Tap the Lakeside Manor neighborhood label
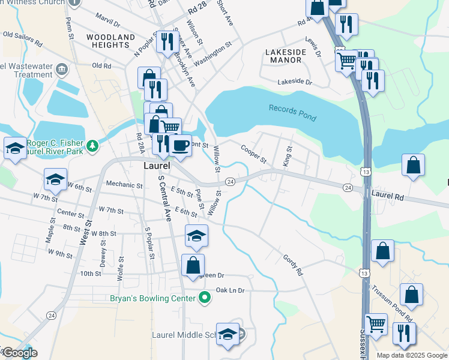pyautogui.click(x=286, y=56)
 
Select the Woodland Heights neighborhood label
pyautogui.click(x=110, y=41)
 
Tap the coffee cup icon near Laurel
pyautogui.click(x=179, y=145)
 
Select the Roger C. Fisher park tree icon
pyautogui.click(x=92, y=145)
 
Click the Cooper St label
pyautogui.click(x=253, y=154)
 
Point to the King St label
pyautogui.click(x=286, y=156)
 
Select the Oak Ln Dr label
pyautogui.click(x=231, y=290)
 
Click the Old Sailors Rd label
pyautogui.click(x=22, y=39)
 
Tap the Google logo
pyautogui.click(x=20, y=353)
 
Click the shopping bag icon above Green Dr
pyautogui.click(x=193, y=264)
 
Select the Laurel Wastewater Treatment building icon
pyautogui.click(x=61, y=70)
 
